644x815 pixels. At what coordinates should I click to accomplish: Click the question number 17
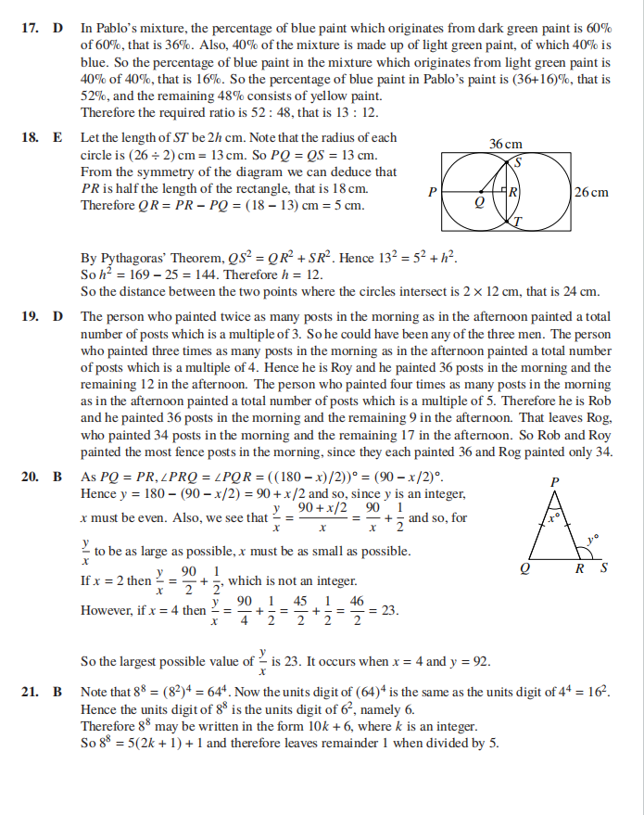pyautogui.click(x=29, y=30)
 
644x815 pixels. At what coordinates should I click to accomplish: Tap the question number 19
pyautogui.click(x=29, y=316)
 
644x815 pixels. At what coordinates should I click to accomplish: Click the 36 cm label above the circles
pyautogui.click(x=506, y=144)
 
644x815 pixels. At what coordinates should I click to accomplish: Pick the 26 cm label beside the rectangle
pyautogui.click(x=592, y=192)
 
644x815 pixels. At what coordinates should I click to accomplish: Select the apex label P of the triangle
pyautogui.click(x=554, y=481)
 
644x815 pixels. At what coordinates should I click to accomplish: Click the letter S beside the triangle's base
pyautogui.click(x=604, y=568)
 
